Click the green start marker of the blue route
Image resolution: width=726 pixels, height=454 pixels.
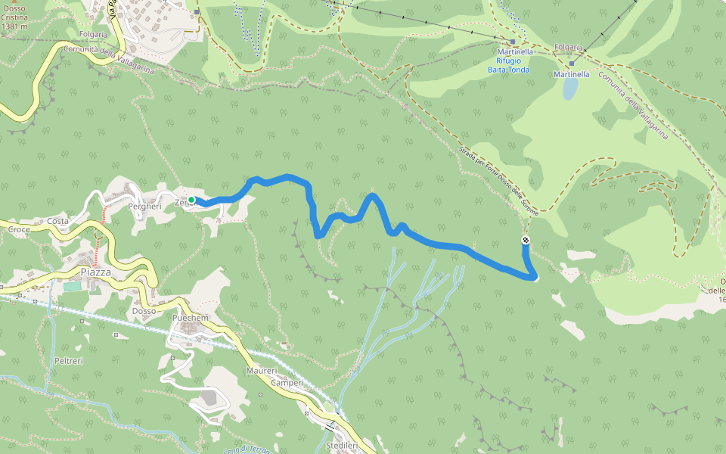[x=192, y=200]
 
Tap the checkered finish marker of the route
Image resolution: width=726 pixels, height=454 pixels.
[x=526, y=241]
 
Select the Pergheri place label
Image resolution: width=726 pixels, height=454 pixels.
[x=145, y=206]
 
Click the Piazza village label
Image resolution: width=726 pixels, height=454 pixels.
[x=95, y=272]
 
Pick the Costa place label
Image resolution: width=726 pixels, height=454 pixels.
[x=57, y=221]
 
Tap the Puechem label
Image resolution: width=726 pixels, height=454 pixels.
[x=190, y=318]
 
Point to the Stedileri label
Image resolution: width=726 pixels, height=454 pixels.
[x=341, y=446]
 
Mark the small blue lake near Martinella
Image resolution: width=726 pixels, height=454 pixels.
[x=569, y=89]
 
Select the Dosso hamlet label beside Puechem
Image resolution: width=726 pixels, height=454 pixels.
[x=144, y=311]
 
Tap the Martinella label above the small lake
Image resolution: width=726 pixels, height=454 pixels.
[x=571, y=75]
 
